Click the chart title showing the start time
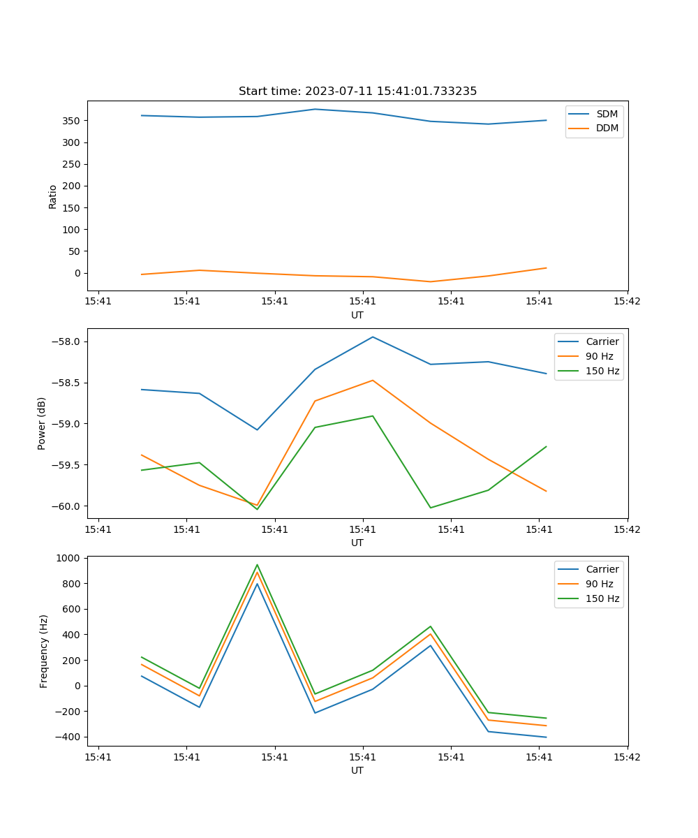[x=357, y=91]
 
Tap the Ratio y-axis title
[x=53, y=196]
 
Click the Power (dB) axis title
[x=42, y=423]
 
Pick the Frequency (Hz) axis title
[x=43, y=651]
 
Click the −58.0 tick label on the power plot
[x=67, y=341]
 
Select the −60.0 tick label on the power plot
[x=67, y=506]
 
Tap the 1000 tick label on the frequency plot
[x=70, y=558]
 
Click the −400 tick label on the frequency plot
[x=69, y=737]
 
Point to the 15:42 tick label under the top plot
[x=627, y=302]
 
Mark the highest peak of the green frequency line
[x=257, y=565]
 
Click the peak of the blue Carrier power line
[x=373, y=337]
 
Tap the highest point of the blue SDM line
[x=315, y=109]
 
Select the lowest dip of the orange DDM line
[x=430, y=281]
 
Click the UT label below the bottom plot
[x=357, y=770]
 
